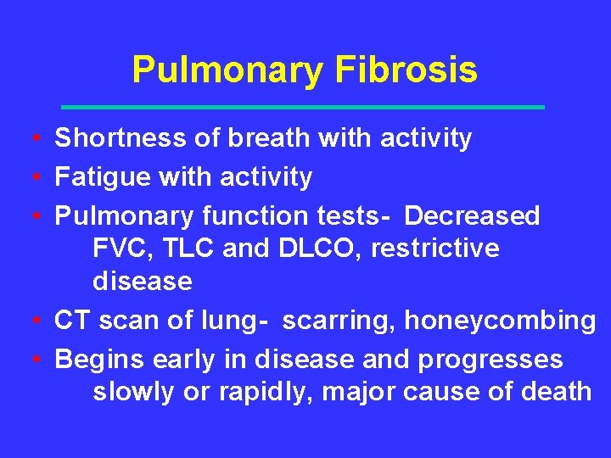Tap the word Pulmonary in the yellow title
coord(227,70)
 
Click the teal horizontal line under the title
coord(304,108)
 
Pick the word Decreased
coord(472,216)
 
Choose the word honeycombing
coord(500,321)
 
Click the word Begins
coord(100,360)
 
